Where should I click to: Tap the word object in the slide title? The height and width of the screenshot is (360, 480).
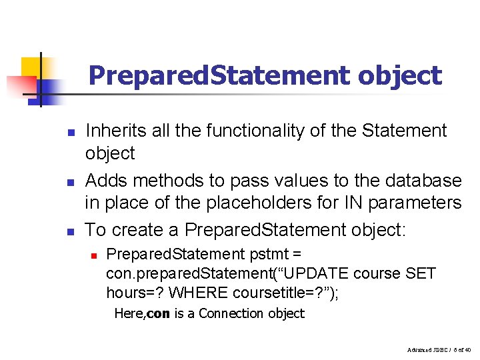point(399,75)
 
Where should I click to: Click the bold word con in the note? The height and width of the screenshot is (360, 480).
point(157,313)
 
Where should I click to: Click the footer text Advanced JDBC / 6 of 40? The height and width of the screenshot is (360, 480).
point(437,349)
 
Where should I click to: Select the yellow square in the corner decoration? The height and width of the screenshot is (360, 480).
point(31,67)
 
